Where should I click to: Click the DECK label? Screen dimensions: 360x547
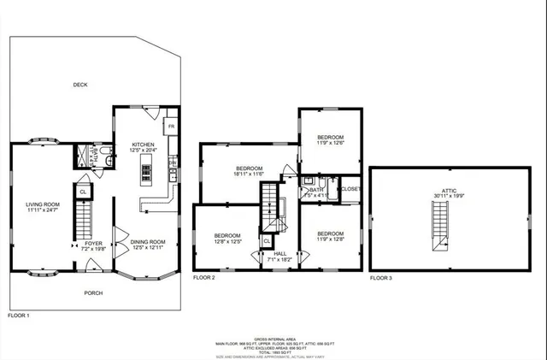[80, 85]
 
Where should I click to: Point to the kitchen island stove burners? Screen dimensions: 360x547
[145, 171]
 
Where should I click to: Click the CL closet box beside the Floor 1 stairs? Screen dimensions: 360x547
[82, 192]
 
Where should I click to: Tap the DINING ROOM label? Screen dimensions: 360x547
[147, 242]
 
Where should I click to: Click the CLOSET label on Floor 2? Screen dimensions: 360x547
[351, 189]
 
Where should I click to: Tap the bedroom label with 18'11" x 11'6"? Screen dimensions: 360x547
[250, 169]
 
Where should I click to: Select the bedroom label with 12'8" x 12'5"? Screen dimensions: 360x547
[227, 236]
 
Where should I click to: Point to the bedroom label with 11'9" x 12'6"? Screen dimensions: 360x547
[331, 138]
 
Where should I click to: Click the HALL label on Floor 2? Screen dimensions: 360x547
[279, 254]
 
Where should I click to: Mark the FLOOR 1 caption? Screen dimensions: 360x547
[19, 316]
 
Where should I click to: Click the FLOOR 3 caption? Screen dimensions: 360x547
[382, 278]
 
